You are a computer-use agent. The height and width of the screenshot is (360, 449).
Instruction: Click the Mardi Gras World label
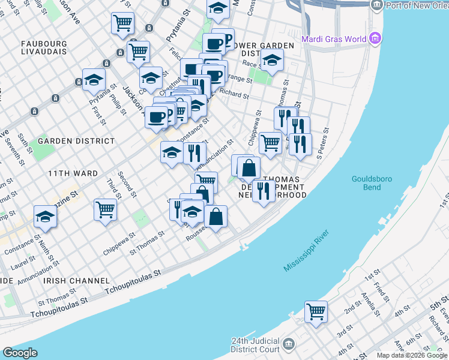(334, 40)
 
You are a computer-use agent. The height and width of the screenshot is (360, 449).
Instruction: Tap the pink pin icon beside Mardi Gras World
(376, 39)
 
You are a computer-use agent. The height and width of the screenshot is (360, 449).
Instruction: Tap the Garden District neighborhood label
(76, 141)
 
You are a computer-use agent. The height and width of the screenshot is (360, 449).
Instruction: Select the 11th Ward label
(73, 173)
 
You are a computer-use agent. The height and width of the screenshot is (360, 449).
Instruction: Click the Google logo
(20, 353)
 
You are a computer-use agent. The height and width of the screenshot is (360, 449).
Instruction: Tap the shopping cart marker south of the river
(316, 311)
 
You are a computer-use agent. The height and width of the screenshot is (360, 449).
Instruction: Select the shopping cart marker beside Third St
(105, 210)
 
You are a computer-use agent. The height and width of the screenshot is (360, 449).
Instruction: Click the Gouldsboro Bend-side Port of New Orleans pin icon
(376, 5)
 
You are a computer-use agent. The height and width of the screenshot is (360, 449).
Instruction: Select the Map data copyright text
(412, 355)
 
